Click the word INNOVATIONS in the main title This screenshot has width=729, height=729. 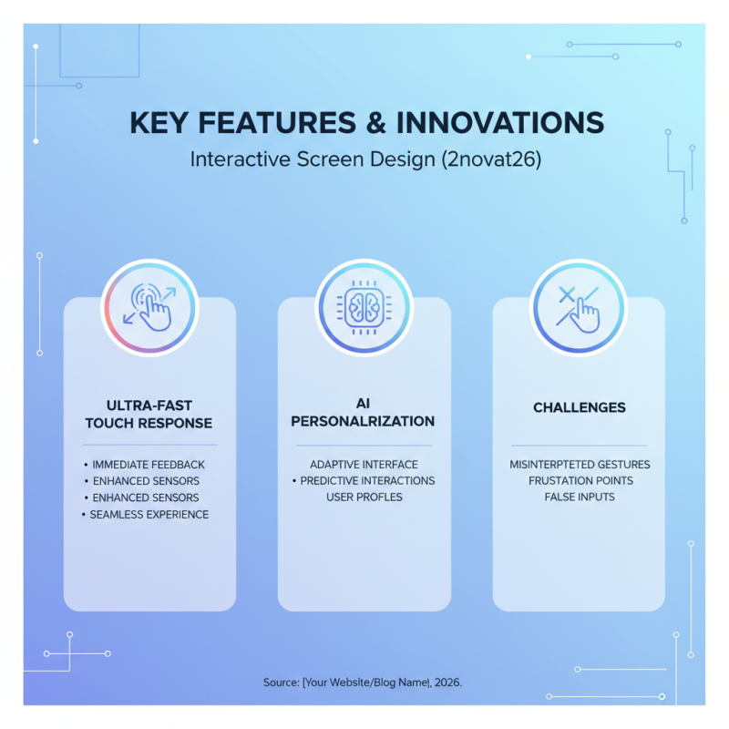tap(500, 124)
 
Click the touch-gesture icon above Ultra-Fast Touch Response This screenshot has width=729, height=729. tap(149, 306)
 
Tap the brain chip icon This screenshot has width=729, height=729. tap(364, 306)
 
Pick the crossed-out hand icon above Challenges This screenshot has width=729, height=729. tap(579, 306)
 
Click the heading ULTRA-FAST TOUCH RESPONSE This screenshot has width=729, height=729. tap(149, 415)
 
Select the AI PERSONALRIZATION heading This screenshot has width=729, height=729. tap(364, 414)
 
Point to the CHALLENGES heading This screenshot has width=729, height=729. tap(579, 407)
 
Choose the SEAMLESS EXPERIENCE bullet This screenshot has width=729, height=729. tap(149, 514)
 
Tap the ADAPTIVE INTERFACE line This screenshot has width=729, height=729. tap(364, 465)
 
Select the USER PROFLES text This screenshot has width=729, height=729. tap(364, 497)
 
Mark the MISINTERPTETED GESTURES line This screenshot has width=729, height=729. tap(579, 465)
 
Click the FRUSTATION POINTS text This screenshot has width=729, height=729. tap(579, 480)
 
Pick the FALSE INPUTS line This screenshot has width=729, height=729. tap(579, 497)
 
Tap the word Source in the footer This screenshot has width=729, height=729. tap(280, 682)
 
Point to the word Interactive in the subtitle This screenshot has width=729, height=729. tap(240, 159)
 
